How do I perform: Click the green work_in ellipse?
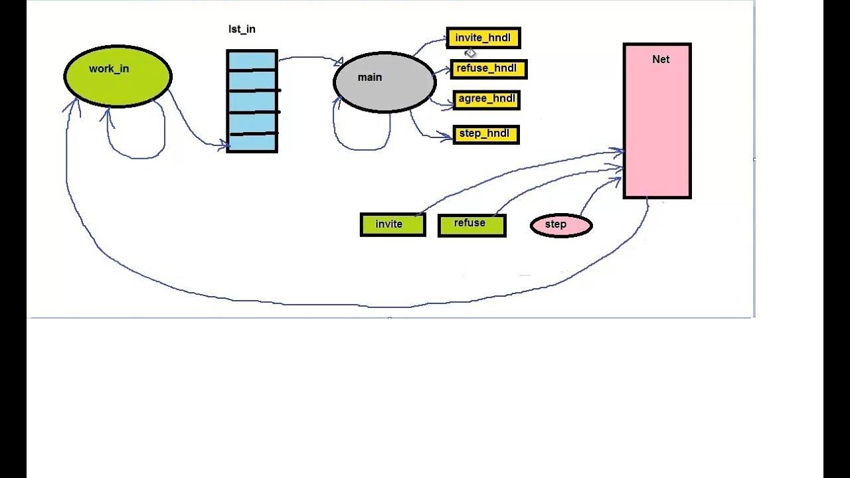118,76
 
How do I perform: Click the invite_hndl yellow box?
483,39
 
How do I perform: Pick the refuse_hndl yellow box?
488,69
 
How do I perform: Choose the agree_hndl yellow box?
486,100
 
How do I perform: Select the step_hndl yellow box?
485,134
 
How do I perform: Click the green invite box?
392,224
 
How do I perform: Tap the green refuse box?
471,225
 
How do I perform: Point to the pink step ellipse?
561,225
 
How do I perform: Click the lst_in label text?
242,29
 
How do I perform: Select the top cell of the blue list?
252,60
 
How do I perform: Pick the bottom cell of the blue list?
252,143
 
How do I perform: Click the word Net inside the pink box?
661,59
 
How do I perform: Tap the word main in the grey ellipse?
370,77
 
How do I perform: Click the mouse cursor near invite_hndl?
470,52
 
